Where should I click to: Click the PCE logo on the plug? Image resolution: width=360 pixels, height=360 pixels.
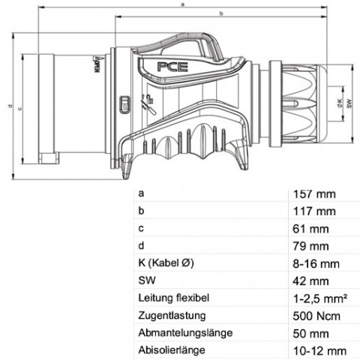pos(172,67)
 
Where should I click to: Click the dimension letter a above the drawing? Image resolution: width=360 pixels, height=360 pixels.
pos(183,4)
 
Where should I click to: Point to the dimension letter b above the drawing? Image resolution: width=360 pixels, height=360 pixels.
pos(221,13)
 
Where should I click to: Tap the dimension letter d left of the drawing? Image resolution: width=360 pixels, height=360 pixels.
pos(10,106)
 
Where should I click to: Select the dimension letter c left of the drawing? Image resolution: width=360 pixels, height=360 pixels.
pos(20,109)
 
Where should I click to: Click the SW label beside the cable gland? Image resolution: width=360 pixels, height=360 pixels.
pos(349,103)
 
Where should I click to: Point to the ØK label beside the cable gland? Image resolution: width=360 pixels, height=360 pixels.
pos(339,103)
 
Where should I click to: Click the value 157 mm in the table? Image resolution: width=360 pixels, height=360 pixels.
pos(314,194)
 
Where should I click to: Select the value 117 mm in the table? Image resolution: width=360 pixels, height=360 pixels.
pos(314,211)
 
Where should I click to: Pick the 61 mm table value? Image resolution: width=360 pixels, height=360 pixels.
pos(310,229)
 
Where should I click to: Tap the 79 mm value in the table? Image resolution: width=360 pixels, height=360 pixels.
pos(310,247)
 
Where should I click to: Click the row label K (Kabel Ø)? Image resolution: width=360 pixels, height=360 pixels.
pos(166,263)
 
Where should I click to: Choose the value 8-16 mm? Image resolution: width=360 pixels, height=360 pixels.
pos(316,264)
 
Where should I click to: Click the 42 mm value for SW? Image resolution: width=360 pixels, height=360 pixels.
pos(310,281)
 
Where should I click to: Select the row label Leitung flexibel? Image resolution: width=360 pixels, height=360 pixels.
pos(174,298)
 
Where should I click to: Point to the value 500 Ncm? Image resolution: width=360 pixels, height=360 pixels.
pos(316,316)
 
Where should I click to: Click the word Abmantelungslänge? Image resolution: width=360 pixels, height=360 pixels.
pos(185,333)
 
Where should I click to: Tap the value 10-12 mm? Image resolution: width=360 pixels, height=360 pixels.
pos(319,351)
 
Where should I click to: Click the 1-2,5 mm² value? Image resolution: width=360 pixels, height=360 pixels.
pos(320,298)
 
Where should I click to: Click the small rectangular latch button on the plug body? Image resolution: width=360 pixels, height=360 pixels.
pos(125,105)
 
